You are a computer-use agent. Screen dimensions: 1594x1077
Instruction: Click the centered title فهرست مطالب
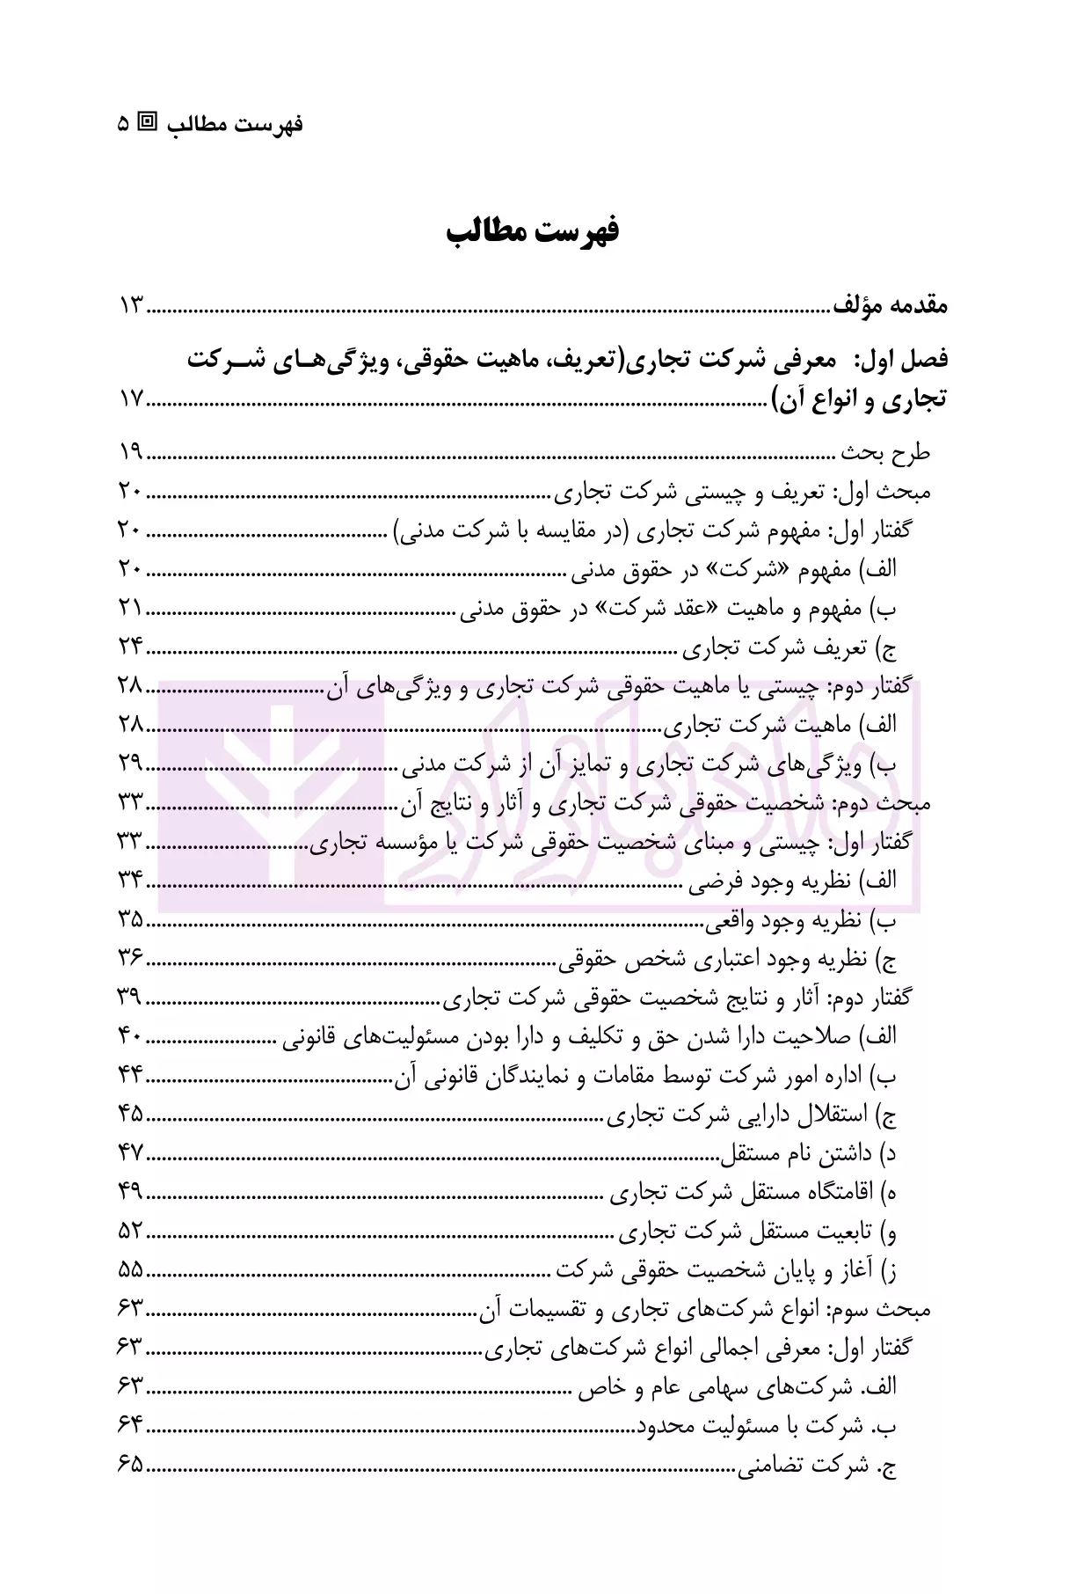pos(533,232)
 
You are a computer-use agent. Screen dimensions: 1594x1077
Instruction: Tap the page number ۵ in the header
pos(123,123)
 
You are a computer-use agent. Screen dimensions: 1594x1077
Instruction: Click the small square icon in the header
pos(150,123)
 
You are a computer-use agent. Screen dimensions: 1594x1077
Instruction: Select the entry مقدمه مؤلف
pos(890,307)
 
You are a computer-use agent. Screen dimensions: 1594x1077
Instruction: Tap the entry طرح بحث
pos(884,453)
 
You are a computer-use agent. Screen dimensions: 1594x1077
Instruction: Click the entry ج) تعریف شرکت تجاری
pos(790,648)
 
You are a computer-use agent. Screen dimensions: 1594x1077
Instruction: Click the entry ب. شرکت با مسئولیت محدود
pos(767,1426)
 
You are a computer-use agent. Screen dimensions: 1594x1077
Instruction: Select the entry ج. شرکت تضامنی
pos(818,1465)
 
